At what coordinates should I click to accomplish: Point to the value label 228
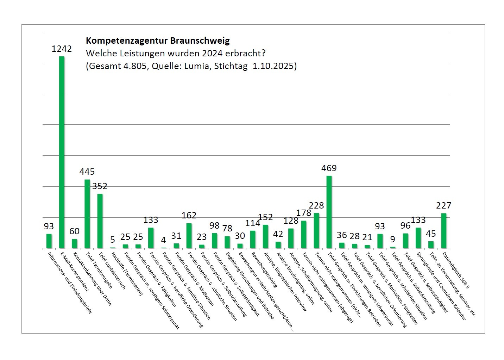click(x=316, y=205)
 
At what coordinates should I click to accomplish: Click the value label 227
click(x=443, y=205)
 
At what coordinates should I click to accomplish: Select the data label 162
click(x=189, y=215)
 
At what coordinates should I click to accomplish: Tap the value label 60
click(x=74, y=231)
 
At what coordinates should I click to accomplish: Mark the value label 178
click(x=304, y=213)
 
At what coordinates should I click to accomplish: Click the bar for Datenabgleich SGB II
click(x=443, y=231)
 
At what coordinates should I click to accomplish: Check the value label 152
click(x=265, y=217)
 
